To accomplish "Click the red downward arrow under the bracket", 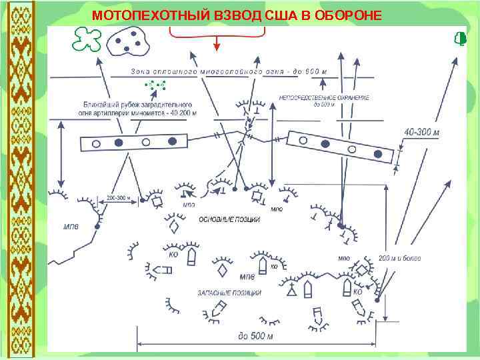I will [x=217, y=41].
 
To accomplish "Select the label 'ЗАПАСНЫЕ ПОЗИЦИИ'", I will [x=229, y=293].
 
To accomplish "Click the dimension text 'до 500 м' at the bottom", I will [x=256, y=336].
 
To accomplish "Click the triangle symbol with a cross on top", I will [x=291, y=291].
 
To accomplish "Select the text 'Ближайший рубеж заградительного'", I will [x=137, y=105].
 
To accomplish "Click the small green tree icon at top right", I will [x=459, y=38].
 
